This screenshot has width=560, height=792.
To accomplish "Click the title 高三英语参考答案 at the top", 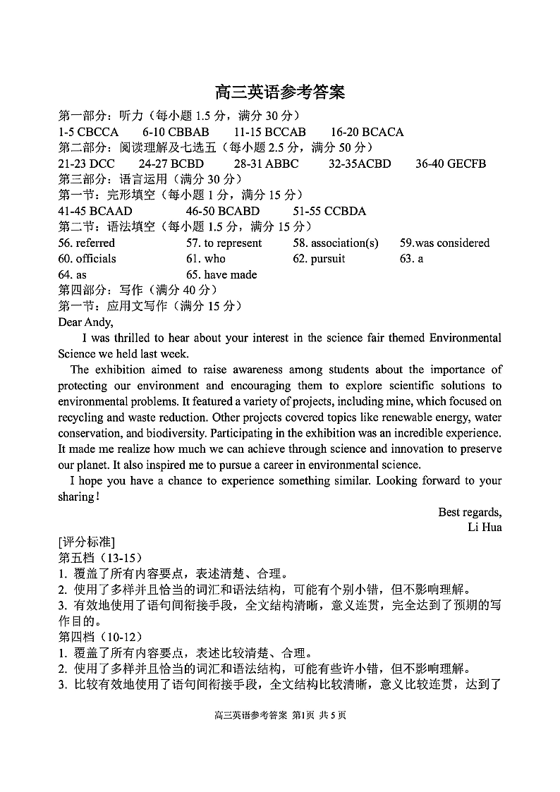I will [280, 92].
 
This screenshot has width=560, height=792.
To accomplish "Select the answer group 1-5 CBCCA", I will [88, 132].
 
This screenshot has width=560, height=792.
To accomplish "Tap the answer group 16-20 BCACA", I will [367, 132].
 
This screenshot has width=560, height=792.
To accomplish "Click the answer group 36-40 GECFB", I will [451, 164].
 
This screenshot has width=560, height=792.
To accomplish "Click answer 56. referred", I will [87, 243].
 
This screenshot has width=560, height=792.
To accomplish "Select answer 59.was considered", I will [444, 243].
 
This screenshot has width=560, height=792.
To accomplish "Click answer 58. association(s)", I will [336, 243].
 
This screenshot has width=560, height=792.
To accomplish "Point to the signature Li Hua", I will [485, 527].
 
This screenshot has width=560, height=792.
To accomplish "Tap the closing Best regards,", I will [470, 511].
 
